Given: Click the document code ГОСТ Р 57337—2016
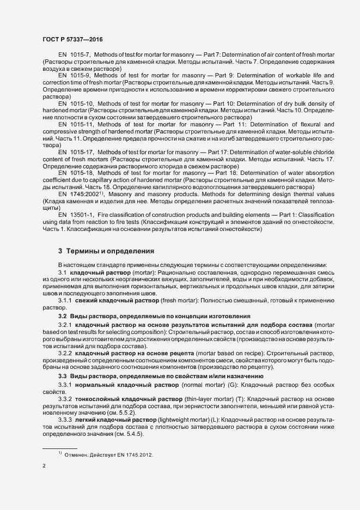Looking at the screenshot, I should point(72,40).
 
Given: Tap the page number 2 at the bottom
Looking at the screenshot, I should point(44,466).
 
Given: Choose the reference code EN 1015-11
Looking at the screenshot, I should point(76,125).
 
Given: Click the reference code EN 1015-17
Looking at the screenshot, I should point(76,151).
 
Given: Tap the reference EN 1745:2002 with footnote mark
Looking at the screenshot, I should point(79,194).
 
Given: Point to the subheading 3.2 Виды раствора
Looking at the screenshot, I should point(154,316).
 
